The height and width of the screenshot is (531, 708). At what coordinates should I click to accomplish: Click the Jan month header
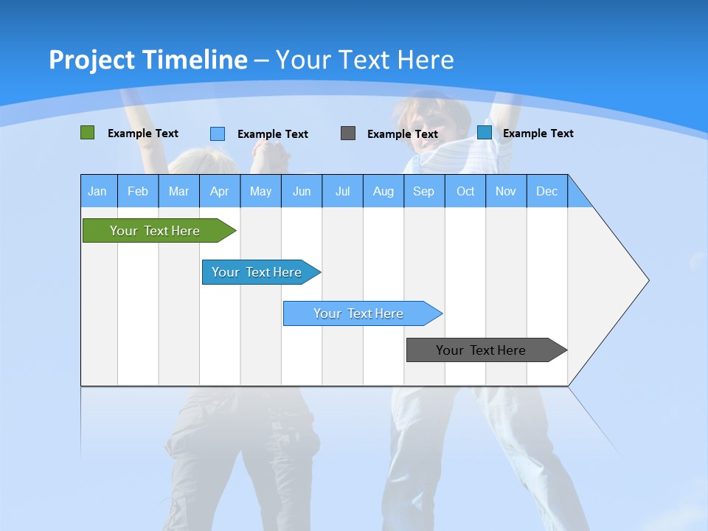tap(98, 191)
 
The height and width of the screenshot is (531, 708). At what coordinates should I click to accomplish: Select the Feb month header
tap(138, 191)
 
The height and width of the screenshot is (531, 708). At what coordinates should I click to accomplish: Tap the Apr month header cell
tap(220, 191)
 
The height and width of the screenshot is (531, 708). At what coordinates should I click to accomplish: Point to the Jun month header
tap(302, 191)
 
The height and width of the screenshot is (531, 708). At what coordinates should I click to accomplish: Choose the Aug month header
tap(383, 191)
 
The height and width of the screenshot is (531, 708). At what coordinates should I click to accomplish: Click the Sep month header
tap(424, 191)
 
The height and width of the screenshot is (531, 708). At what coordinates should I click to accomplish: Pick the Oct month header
tap(465, 191)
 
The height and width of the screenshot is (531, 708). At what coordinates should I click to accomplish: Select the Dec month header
tap(547, 191)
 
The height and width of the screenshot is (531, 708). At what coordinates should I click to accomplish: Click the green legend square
tap(87, 133)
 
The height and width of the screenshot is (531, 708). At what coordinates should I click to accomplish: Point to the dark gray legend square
tap(348, 133)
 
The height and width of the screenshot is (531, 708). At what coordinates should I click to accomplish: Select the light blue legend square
tap(218, 133)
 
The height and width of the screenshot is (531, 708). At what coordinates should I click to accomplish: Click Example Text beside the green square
tap(143, 133)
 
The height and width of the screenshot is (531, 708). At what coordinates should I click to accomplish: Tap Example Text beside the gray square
tap(403, 134)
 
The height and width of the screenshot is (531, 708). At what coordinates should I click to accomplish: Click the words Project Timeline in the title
tap(148, 60)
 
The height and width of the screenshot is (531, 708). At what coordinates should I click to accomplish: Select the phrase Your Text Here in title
tap(365, 60)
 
